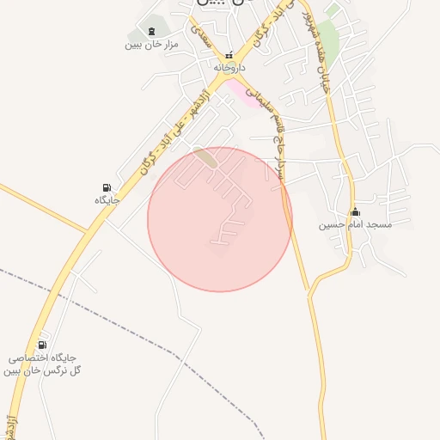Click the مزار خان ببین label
(151, 44)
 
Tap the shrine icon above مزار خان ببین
(152, 31)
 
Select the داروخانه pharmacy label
(229, 66)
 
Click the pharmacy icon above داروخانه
(229, 54)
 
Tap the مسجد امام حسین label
(355, 225)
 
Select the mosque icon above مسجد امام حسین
(355, 212)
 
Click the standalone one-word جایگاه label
(106, 199)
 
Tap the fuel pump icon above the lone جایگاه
(106, 187)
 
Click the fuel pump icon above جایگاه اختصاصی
(43, 345)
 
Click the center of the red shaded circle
(220, 219)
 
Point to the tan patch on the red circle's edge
(205, 156)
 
